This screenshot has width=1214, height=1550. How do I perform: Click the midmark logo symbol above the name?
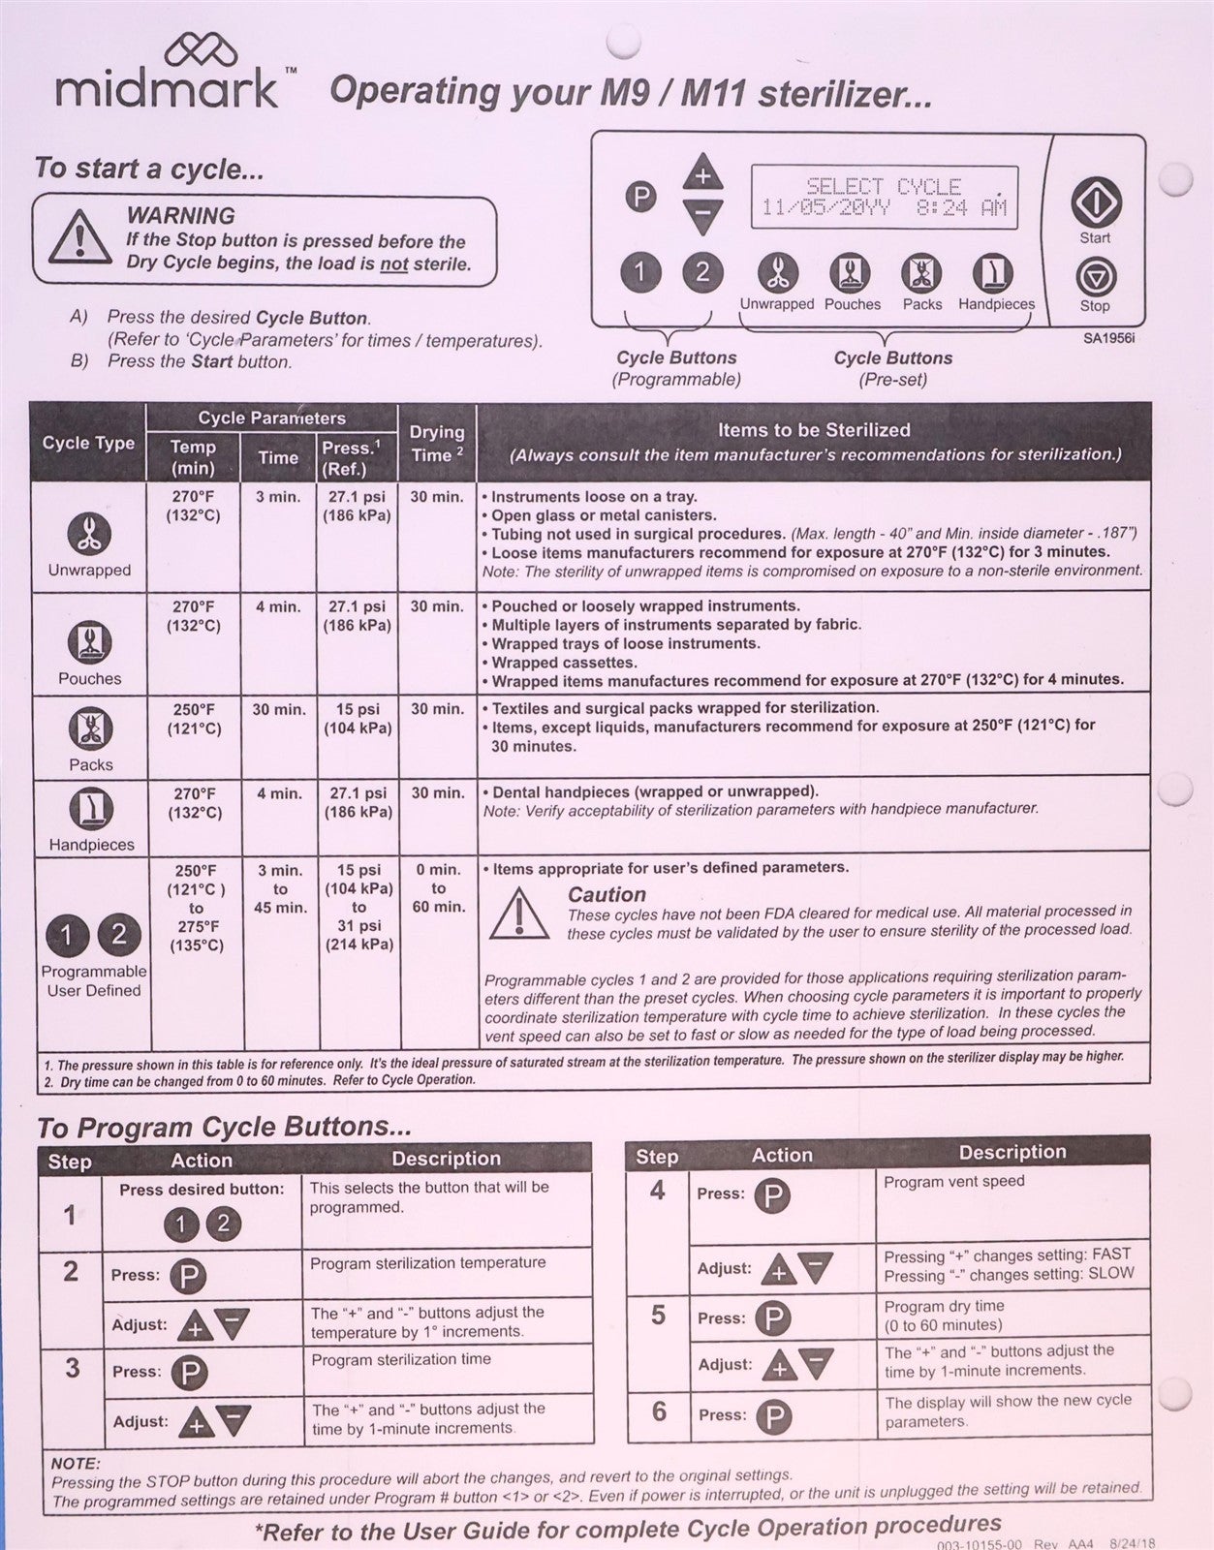tap(201, 50)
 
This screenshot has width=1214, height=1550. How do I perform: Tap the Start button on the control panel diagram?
tap(1095, 203)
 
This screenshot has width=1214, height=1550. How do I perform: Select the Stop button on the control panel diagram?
tap(1095, 278)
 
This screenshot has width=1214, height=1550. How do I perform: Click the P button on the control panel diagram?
tap(639, 198)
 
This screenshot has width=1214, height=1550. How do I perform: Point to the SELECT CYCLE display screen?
tap(883, 198)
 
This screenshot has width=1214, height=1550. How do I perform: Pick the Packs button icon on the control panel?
tap(921, 274)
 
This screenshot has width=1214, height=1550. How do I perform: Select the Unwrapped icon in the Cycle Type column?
tap(89, 534)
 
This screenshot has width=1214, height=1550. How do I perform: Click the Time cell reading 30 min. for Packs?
tap(278, 710)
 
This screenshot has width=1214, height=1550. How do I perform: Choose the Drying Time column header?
tap(437, 443)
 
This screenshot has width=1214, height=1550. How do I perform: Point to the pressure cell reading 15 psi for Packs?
tap(358, 719)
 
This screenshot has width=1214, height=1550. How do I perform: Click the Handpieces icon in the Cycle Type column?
tap(91, 810)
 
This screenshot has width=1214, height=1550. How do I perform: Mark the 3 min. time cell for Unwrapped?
tap(278, 497)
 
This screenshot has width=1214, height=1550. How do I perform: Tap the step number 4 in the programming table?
tap(657, 1190)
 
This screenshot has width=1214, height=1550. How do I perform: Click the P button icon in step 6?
tap(773, 1417)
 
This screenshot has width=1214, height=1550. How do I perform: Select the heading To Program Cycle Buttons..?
tap(225, 1128)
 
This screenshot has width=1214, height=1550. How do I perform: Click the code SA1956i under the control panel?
tap(1108, 339)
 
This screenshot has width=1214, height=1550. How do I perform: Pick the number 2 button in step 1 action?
tap(223, 1224)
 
